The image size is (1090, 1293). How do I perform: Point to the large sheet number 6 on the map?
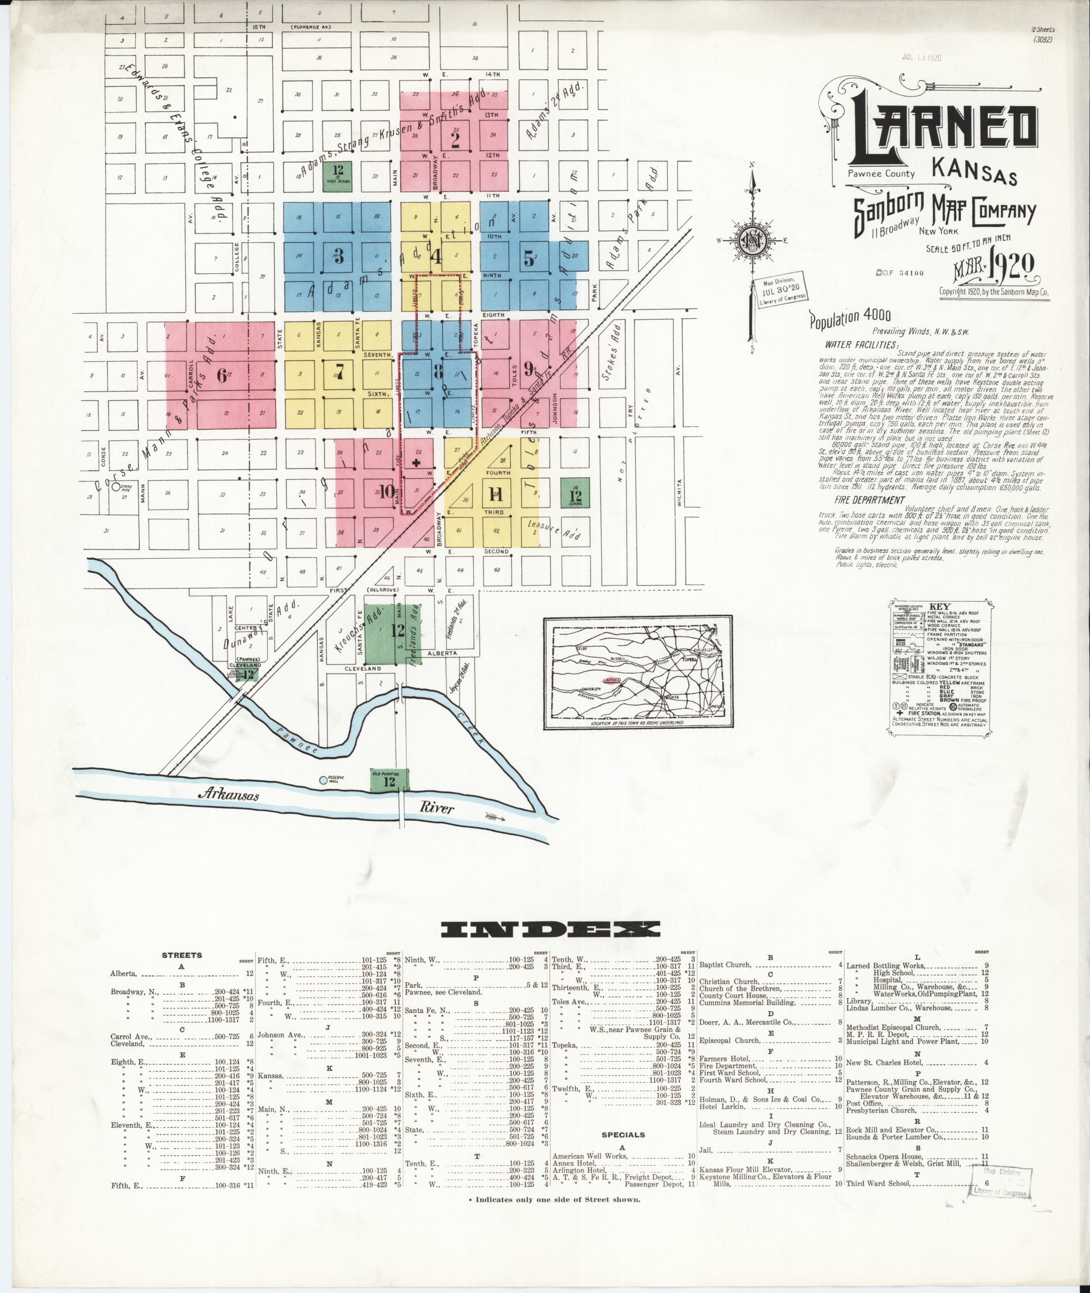(221, 375)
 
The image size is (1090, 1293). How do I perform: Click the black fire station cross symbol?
(416, 462)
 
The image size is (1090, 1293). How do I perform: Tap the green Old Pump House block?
(388, 781)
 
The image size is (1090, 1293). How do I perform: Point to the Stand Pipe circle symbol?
(116, 487)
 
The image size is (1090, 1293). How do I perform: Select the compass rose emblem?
(754, 238)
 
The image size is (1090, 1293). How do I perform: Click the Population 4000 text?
(850, 318)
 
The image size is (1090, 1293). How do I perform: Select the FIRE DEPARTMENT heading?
(869, 500)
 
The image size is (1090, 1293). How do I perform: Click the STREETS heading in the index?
(182, 955)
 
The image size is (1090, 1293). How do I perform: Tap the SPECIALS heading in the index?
(623, 1135)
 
